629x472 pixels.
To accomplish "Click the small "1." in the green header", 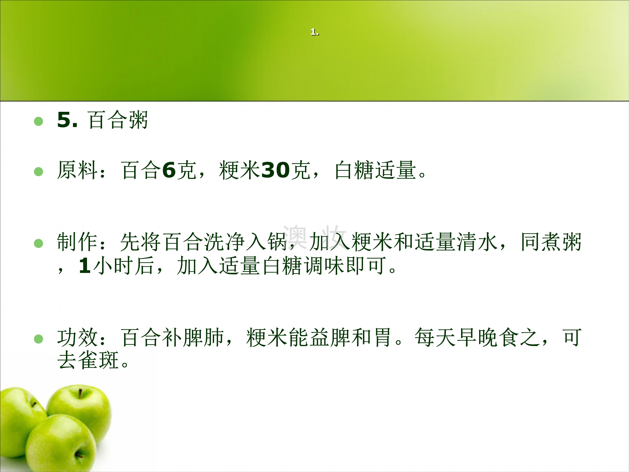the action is [x=315, y=32].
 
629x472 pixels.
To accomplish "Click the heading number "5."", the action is [x=67, y=120].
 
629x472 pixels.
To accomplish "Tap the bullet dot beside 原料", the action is [x=38, y=172].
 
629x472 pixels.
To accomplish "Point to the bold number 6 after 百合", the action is [x=169, y=170].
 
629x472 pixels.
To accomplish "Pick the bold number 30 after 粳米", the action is [x=275, y=170].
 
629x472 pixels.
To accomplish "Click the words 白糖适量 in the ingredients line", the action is [x=375, y=170].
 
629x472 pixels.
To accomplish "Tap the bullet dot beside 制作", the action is [x=38, y=243].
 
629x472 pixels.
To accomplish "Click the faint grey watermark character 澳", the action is [x=295, y=236].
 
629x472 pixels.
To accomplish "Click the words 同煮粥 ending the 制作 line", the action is [x=551, y=242].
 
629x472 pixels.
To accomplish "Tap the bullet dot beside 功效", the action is [x=38, y=339].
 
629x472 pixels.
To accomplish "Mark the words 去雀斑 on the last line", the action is [x=88, y=360].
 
